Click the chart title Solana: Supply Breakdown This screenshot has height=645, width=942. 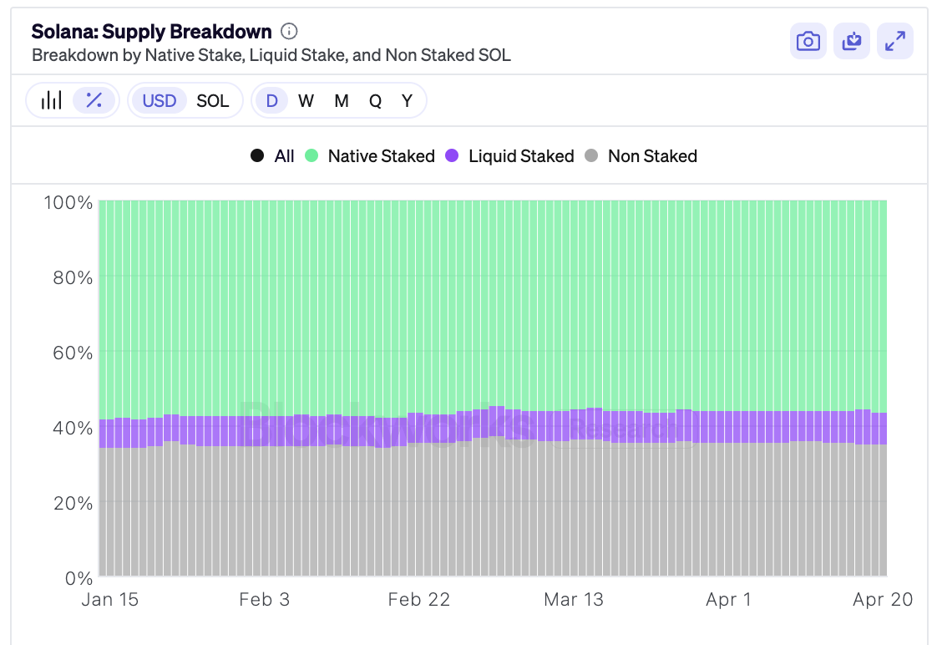[151, 32]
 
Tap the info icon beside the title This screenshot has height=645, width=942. [289, 32]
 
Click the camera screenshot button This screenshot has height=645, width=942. [808, 42]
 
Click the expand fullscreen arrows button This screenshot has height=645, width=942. [895, 42]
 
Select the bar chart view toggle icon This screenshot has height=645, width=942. [52, 100]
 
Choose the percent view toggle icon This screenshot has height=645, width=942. [94, 100]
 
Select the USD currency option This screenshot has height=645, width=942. [159, 101]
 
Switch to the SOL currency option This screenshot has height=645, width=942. [213, 101]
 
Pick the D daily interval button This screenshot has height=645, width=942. [271, 101]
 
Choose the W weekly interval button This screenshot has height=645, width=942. [306, 101]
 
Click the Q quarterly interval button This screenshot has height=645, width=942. [375, 101]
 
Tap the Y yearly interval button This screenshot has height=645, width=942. [407, 101]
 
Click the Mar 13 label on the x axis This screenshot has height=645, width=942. [573, 600]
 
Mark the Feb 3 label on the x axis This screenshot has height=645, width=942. [264, 600]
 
